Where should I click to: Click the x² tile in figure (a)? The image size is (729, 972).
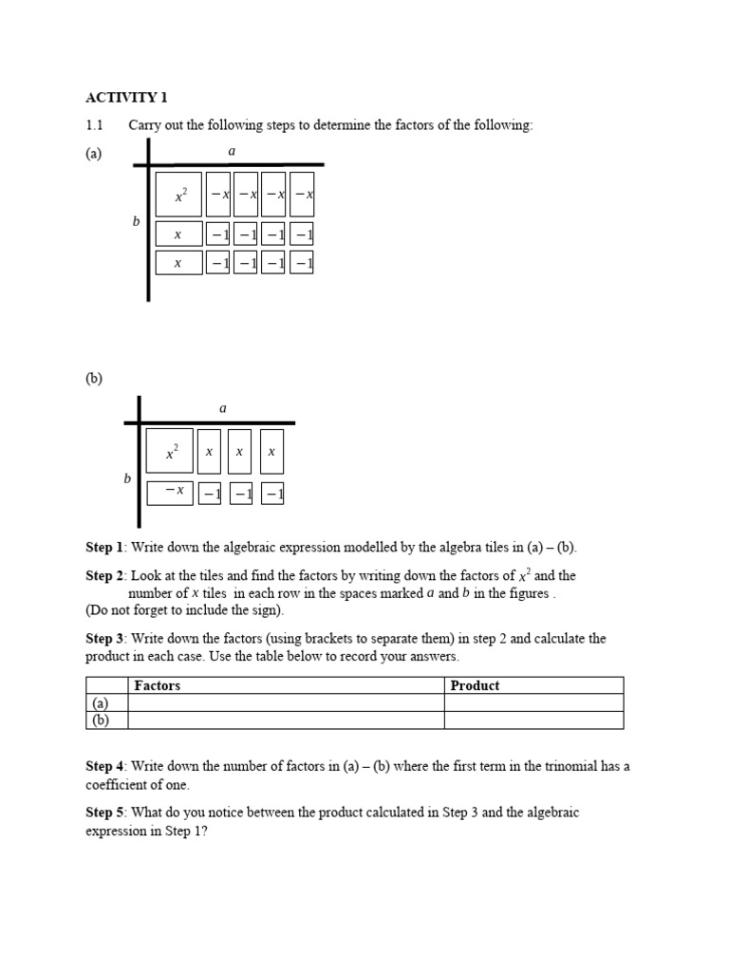tap(178, 195)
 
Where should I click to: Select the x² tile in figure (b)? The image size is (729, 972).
tap(170, 451)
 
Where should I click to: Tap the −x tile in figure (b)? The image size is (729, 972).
tap(170, 492)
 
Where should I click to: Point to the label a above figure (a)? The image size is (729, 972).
tap(232, 151)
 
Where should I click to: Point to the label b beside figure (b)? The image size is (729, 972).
tap(127, 479)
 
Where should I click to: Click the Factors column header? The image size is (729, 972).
tap(158, 685)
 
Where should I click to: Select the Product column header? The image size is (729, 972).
tap(475, 685)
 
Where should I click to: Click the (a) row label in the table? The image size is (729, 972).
tap(100, 702)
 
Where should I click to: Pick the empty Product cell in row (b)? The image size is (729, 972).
tap(533, 720)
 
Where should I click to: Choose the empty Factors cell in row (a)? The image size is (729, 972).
tap(286, 702)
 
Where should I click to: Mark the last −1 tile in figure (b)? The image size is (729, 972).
tap(273, 494)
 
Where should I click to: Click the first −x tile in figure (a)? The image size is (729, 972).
tap(218, 195)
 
